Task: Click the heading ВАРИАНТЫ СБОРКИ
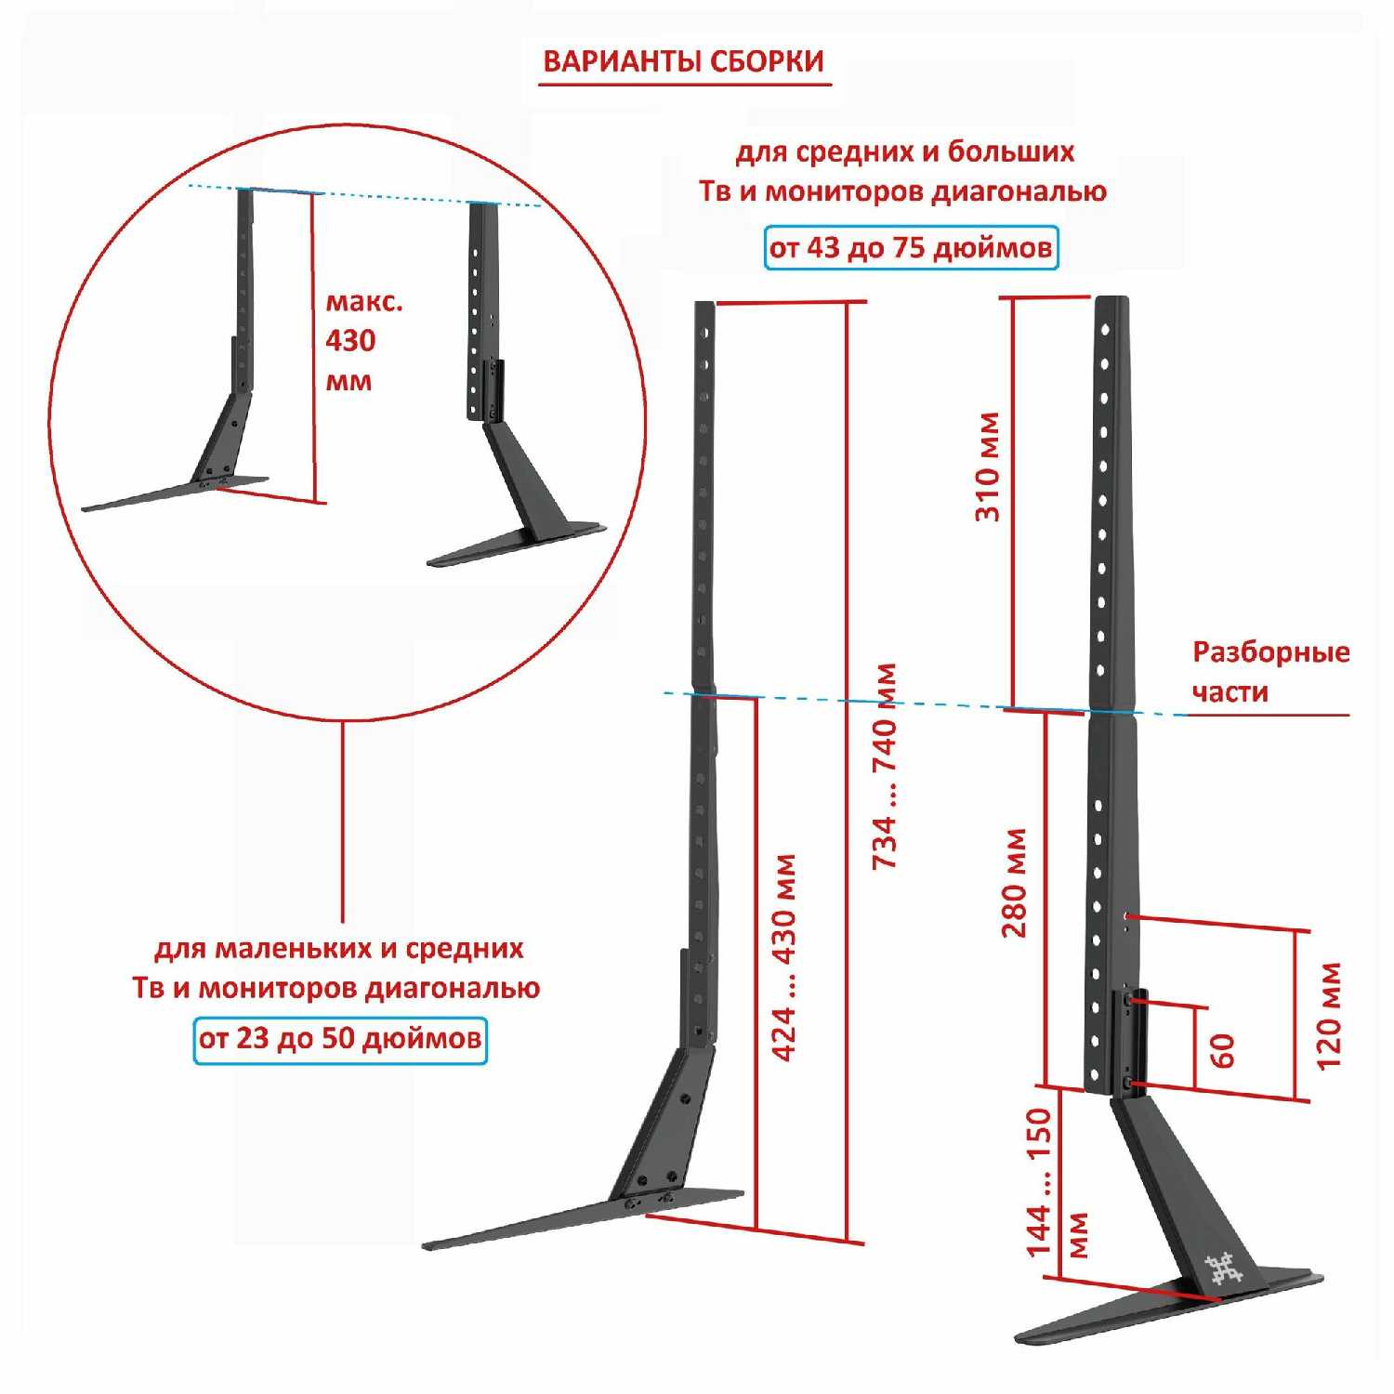pos(683,61)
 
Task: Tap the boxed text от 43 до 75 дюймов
pos(911,248)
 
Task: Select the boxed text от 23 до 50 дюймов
pos(340,1037)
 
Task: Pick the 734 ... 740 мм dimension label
pos(885,767)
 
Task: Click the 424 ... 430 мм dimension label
pos(785,957)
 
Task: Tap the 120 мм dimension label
pos(1330,1016)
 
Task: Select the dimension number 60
pos(1223,1050)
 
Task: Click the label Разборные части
pos(1269,671)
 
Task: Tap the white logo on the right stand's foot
pos(1223,1268)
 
